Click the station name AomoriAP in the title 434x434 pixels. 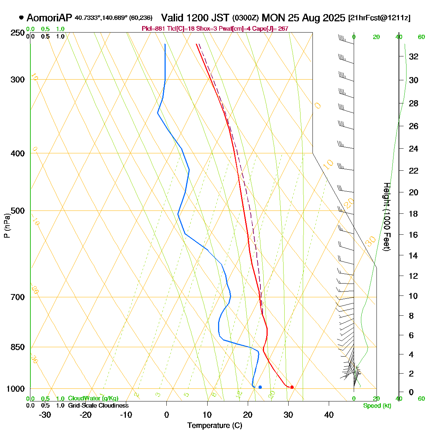tap(50, 18)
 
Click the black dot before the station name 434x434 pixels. tap(21, 17)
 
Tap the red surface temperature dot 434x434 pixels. tap(292, 387)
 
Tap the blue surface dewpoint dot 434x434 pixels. tap(260, 387)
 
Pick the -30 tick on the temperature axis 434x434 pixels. tap(44, 415)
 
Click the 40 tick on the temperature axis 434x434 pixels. tap(329, 415)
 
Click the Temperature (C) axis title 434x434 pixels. tap(214, 426)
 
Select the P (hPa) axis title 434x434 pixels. tap(7, 226)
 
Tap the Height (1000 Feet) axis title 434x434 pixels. tap(387, 217)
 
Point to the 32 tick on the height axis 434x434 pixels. tap(413, 56)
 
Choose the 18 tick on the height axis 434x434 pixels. tap(413, 214)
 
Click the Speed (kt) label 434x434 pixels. tap(377, 406)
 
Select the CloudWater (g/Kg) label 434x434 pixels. tap(93, 399)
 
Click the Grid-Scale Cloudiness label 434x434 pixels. tap(98, 406)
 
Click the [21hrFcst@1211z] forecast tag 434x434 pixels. tap(379, 18)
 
